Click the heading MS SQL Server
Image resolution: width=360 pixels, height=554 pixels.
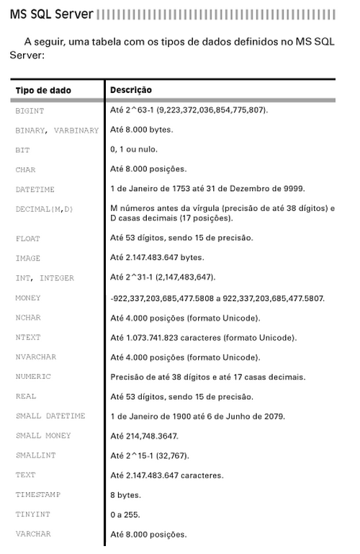51,14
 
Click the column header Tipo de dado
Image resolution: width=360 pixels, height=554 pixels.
43,91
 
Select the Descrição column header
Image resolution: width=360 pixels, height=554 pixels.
130,91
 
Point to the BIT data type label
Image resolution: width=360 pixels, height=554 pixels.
22,150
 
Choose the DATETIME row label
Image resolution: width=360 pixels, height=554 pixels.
35,189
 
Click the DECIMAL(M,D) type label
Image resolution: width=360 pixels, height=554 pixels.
44,209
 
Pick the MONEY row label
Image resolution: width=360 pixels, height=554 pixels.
28,298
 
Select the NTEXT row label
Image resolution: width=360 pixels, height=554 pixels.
28,337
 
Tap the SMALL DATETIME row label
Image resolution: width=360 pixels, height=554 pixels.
50,416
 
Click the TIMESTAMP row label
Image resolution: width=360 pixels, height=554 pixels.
37,495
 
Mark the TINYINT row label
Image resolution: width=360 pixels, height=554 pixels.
32,514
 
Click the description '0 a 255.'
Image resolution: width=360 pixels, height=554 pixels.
125,515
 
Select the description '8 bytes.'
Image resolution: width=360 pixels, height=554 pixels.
125,495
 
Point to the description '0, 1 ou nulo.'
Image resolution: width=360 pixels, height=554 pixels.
133,150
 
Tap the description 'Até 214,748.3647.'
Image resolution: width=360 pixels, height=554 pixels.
144,436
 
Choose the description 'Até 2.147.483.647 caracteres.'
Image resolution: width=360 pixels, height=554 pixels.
166,475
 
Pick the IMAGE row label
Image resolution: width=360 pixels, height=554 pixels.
28,258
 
